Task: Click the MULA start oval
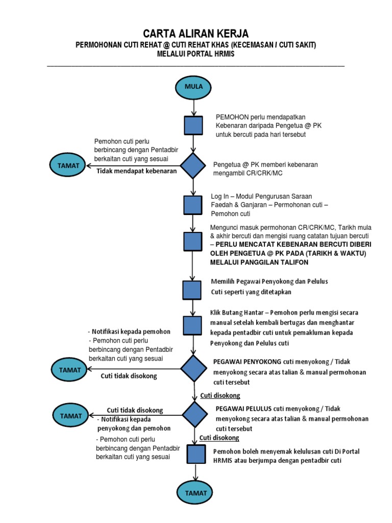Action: (193, 87)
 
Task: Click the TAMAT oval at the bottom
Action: (196, 493)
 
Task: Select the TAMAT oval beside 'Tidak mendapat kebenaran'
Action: (68, 165)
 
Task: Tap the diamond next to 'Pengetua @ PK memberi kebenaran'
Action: (193, 165)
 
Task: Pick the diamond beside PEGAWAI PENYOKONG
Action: (193, 369)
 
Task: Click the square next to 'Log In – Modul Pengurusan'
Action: (193, 205)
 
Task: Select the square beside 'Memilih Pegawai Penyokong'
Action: (192, 289)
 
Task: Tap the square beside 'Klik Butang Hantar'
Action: (192, 325)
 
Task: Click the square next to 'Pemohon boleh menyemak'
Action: (196, 454)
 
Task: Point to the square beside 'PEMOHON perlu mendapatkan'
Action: (193, 125)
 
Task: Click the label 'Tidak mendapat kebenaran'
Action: (137, 171)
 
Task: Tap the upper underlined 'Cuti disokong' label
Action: (220, 396)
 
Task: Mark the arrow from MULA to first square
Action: (193, 107)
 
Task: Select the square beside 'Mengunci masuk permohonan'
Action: (192, 241)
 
